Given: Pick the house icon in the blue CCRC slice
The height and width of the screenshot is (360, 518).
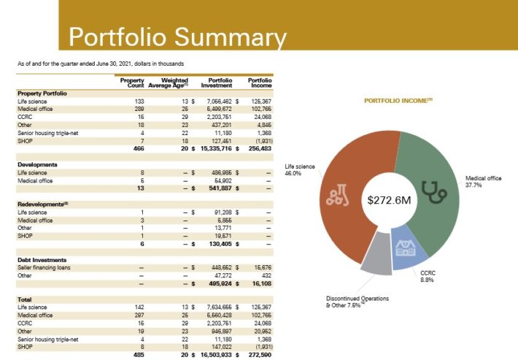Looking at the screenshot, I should [404, 247].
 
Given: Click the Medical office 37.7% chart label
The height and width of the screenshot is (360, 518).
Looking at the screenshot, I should [483, 182].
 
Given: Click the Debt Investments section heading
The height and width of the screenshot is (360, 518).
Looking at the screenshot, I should [42, 259].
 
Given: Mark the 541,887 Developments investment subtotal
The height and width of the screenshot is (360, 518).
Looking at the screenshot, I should [216, 187].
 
